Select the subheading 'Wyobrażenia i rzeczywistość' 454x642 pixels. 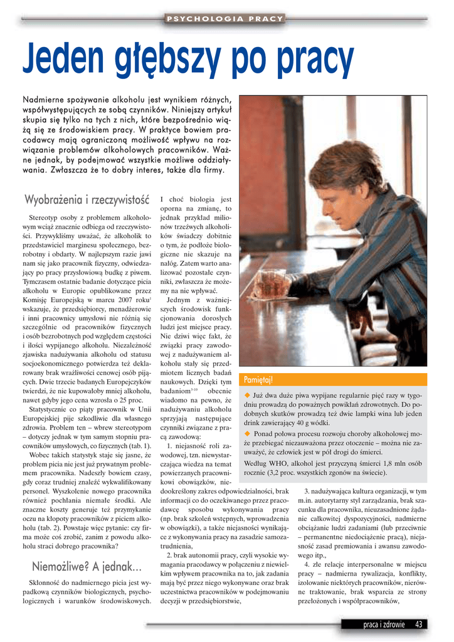tap(87, 200)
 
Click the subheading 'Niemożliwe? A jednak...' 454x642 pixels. tap(87, 567)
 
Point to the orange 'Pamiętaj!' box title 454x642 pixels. tap(258, 380)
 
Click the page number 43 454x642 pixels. tap(420, 624)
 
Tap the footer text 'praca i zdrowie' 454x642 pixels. tap(384, 624)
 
